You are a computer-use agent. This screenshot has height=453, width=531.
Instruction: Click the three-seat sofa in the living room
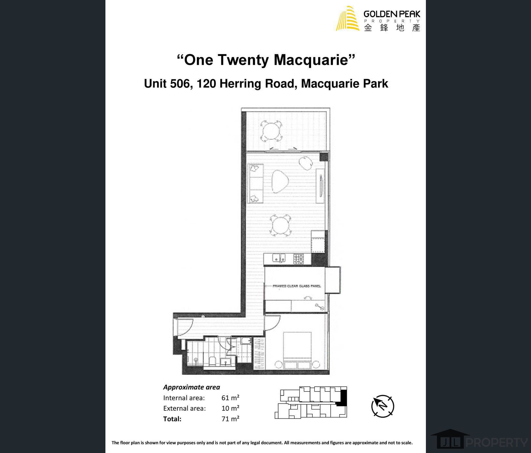click(256, 183)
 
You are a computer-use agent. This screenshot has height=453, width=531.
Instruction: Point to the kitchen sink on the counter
click(279, 258)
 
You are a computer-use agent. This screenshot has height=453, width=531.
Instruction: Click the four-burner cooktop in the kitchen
click(299, 259)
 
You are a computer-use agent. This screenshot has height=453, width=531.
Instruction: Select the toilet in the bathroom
click(212, 362)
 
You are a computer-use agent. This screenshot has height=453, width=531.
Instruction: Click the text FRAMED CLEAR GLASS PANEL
click(297, 286)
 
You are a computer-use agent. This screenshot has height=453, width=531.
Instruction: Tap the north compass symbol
click(383, 406)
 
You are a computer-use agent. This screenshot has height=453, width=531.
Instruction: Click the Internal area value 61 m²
click(230, 398)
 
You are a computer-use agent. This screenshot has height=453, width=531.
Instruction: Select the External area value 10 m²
click(230, 408)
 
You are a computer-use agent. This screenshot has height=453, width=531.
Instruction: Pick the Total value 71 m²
click(230, 419)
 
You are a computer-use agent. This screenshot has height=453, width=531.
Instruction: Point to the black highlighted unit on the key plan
click(343, 398)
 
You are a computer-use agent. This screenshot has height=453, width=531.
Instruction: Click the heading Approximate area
click(192, 387)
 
